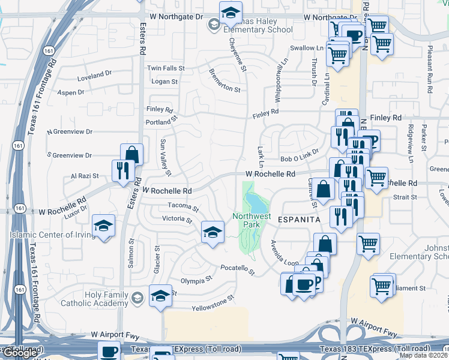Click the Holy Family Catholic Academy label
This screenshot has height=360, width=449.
[95, 299]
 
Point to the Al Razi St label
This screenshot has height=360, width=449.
[85, 176]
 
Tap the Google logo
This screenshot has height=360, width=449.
[20, 352]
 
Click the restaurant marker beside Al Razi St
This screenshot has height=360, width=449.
[121, 170]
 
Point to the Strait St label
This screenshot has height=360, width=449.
[405, 197]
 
